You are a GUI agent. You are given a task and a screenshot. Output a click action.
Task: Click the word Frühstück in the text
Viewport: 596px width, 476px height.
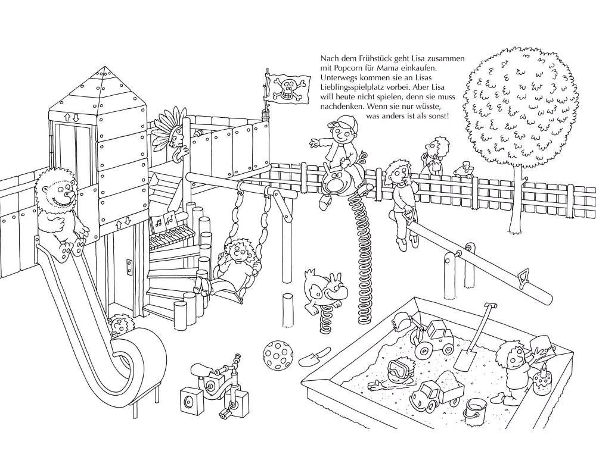pyautogui.click(x=380, y=58)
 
